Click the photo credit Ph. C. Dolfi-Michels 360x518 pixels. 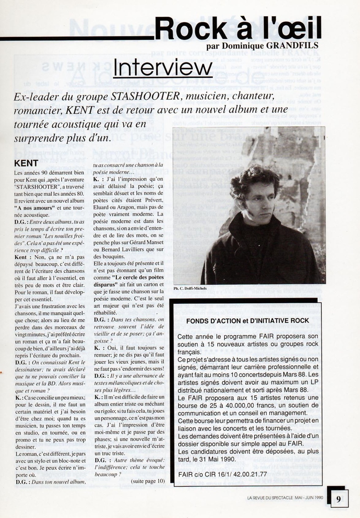point(190,289)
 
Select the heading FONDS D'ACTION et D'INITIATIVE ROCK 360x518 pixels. point(247,321)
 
